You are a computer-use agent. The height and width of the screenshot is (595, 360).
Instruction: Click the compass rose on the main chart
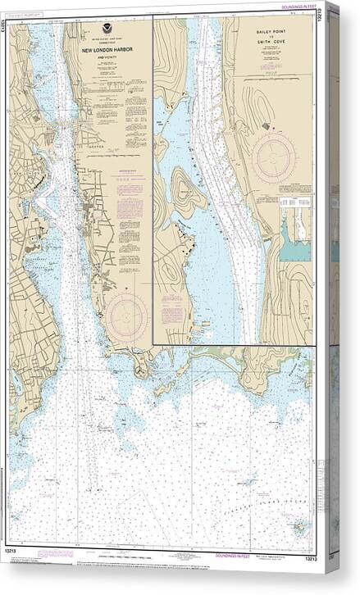127,315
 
